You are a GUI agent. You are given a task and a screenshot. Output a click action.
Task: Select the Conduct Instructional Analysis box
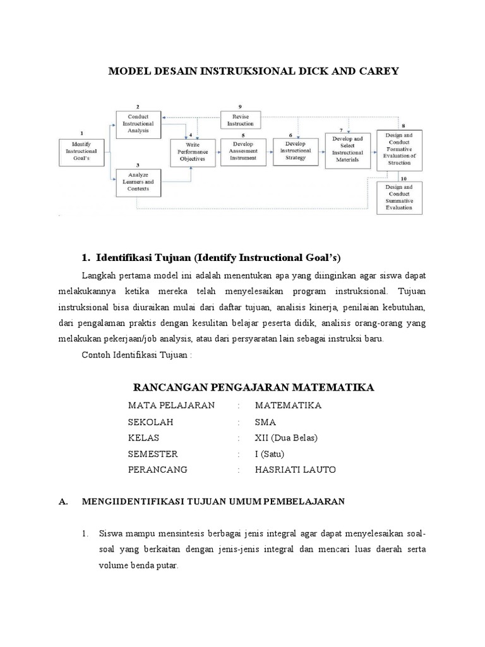tap(138, 121)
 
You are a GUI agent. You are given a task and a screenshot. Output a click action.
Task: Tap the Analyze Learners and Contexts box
tap(138, 183)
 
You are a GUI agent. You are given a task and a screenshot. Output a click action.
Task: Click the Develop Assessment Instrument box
tap(244, 152)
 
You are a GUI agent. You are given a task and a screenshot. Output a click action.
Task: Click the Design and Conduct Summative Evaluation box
tap(398, 197)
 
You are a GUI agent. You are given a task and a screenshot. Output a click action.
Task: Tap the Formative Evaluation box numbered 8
tap(398, 150)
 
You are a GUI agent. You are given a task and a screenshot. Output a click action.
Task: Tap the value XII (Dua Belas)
tap(286, 438)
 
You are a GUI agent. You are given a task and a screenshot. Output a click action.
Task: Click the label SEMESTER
tap(153, 454)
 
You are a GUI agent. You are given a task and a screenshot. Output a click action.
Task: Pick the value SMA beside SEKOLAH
tap(265, 421)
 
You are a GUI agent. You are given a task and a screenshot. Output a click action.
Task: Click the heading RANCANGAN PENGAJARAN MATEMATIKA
tap(254, 387)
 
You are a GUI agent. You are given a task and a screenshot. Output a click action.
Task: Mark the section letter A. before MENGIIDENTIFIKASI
tap(63, 502)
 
